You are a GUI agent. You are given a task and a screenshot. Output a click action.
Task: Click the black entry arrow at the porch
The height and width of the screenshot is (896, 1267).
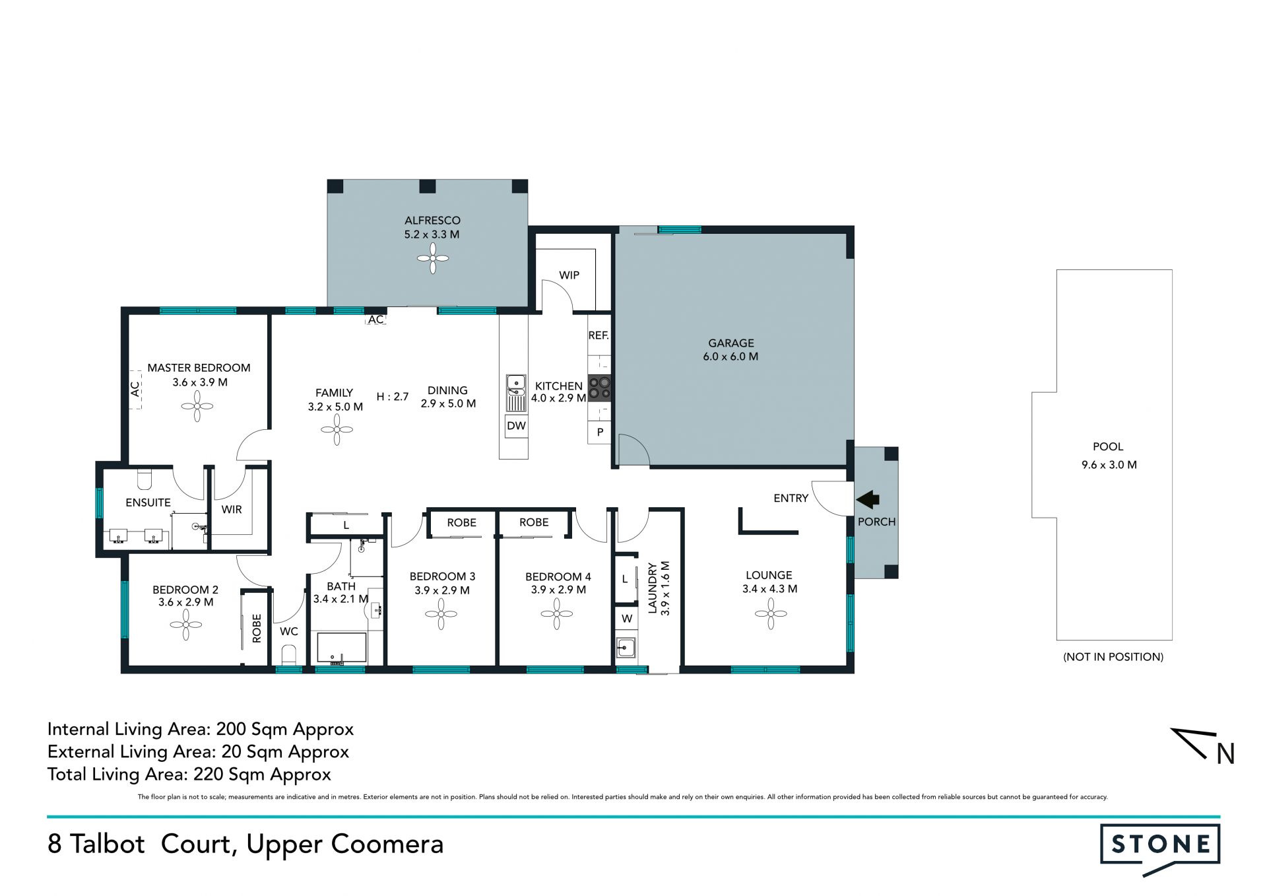pos(868,499)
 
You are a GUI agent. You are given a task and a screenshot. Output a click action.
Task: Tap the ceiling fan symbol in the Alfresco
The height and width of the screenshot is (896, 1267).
pos(433,258)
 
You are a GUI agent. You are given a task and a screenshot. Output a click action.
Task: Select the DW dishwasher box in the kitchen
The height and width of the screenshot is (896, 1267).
pos(516,426)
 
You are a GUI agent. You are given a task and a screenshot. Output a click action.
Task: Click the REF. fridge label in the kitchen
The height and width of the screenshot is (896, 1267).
pos(599,335)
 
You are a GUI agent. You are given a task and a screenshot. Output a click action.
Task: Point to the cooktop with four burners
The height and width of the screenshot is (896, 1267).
pos(599,388)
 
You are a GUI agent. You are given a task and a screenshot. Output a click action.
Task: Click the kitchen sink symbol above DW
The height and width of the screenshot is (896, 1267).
pos(516,393)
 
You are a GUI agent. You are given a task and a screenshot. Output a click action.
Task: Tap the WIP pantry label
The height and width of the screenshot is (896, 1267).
pos(569,275)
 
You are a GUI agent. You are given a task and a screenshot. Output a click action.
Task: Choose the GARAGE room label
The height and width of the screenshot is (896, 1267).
pos(731,343)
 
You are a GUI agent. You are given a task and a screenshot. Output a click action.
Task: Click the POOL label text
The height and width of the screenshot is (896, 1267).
pos(1108,447)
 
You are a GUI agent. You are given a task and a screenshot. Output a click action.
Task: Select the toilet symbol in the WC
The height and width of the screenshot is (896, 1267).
pos(289,655)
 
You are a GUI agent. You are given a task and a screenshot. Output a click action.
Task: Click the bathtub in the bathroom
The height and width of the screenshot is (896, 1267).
pos(342,648)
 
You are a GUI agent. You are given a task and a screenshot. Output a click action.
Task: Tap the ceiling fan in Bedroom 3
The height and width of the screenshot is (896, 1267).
pos(441,614)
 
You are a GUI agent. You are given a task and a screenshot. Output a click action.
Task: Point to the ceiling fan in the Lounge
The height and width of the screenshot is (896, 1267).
pos(771,613)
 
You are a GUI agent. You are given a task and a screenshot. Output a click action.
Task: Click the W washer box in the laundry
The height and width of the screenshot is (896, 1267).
pos(627,619)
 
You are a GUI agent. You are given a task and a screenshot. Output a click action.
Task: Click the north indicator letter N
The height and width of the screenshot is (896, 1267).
pos(1225,753)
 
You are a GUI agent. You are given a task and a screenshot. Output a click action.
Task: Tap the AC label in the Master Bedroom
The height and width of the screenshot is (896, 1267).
pos(135,389)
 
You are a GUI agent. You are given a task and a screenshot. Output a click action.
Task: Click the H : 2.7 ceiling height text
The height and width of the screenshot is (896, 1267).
pos(393,397)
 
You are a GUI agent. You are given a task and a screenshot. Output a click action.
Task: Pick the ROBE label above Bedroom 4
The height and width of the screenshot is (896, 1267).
pos(534,522)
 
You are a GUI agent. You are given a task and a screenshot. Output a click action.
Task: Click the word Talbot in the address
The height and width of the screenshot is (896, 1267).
pos(107,844)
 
